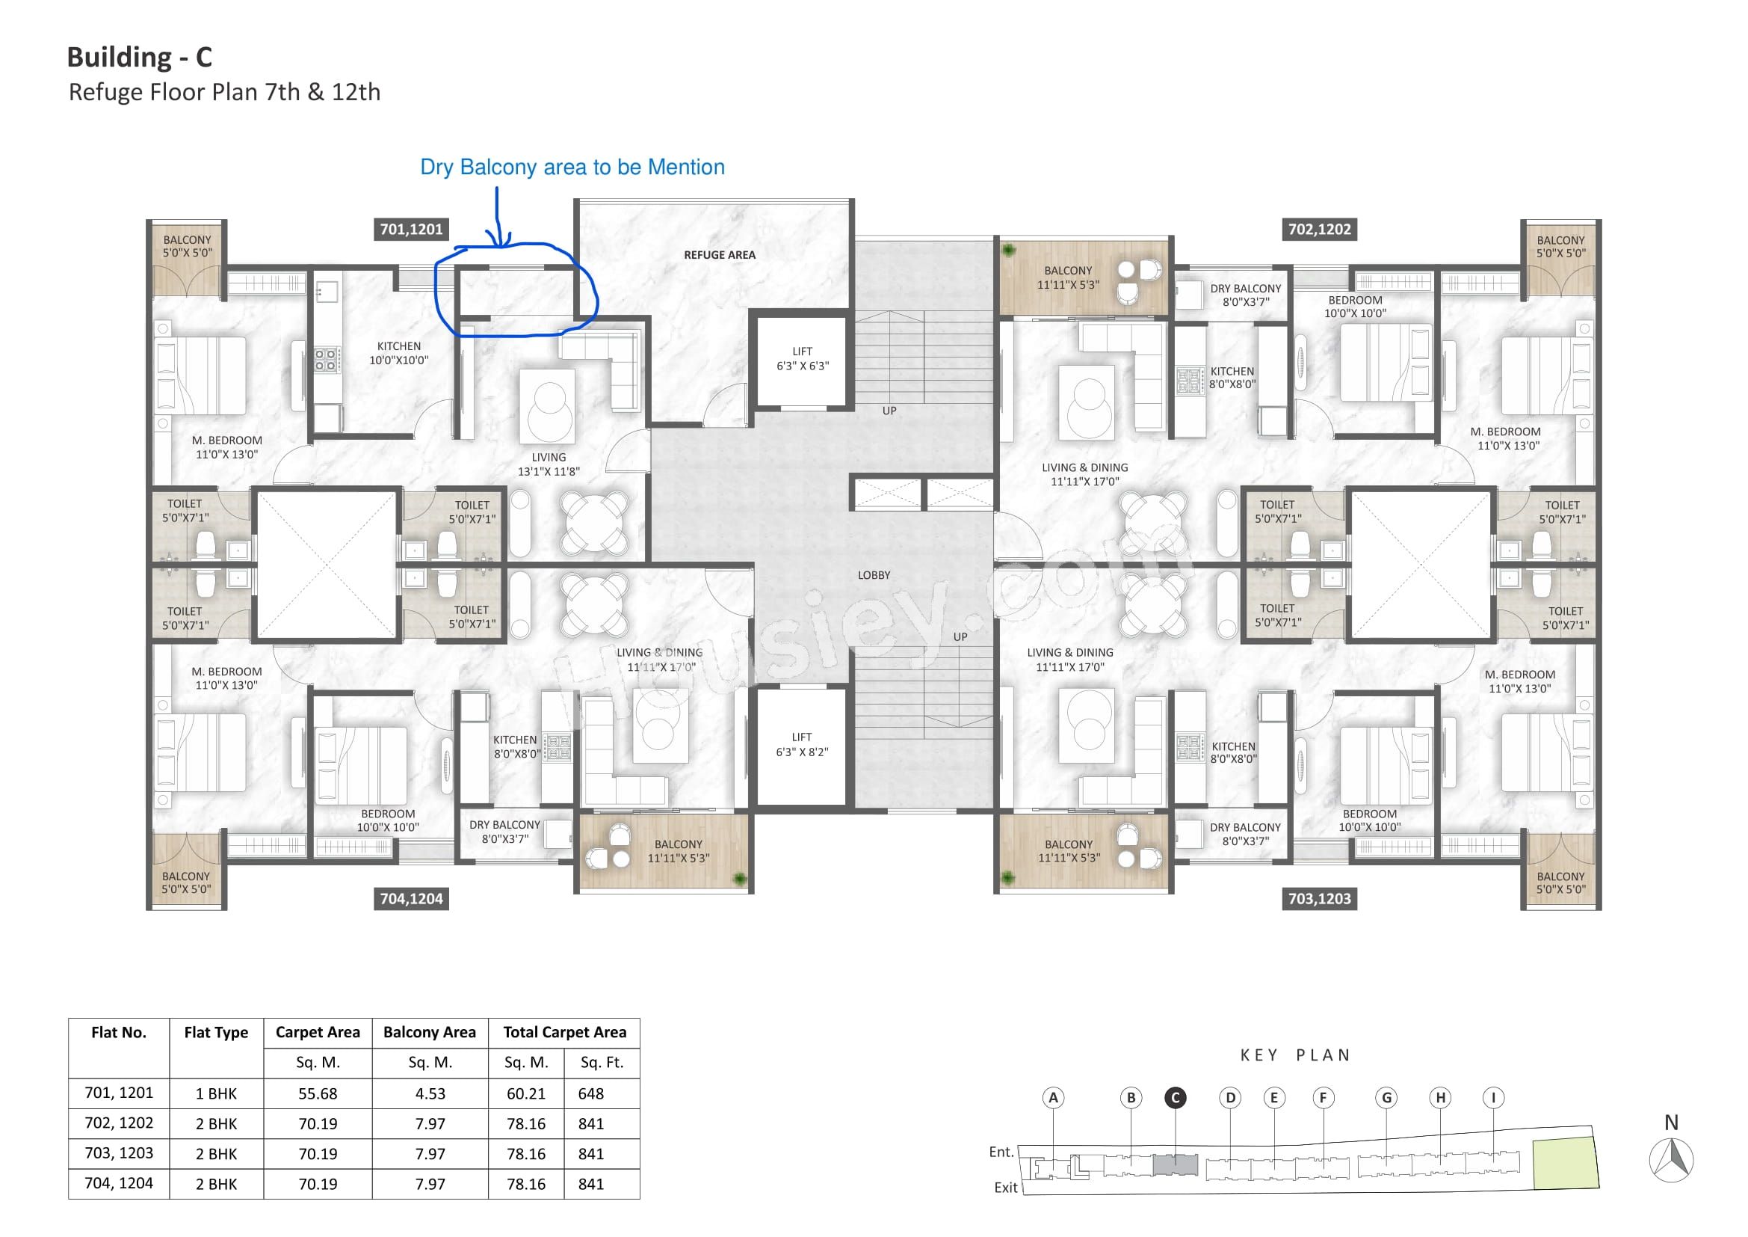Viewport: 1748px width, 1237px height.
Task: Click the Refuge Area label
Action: (x=720, y=255)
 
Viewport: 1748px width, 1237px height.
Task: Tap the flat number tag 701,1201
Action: (x=411, y=230)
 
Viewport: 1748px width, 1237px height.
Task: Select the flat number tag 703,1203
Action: (x=1319, y=899)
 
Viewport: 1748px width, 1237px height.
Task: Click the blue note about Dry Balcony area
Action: (x=572, y=168)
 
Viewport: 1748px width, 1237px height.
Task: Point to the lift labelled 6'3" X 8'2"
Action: (x=802, y=744)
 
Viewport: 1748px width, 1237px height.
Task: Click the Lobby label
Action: (x=874, y=575)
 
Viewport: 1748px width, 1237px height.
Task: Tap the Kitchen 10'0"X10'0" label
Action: (x=399, y=353)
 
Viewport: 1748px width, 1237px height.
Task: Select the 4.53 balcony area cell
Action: (x=430, y=1094)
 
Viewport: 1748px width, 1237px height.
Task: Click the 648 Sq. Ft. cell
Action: (x=591, y=1094)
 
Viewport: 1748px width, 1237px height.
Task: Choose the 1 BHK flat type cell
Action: (x=216, y=1094)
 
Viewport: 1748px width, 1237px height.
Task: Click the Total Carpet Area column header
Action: (x=565, y=1033)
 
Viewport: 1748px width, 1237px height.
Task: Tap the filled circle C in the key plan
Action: (x=1176, y=1098)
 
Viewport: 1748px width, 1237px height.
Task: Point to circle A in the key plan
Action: (x=1054, y=1098)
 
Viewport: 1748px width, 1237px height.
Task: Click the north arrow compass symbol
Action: (x=1671, y=1161)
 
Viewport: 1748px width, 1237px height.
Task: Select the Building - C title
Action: (x=139, y=57)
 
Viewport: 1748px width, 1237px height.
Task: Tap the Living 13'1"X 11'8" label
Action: (x=549, y=464)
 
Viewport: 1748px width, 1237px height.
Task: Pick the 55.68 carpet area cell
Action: (x=318, y=1094)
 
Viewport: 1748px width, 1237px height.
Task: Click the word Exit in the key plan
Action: (x=1006, y=1188)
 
